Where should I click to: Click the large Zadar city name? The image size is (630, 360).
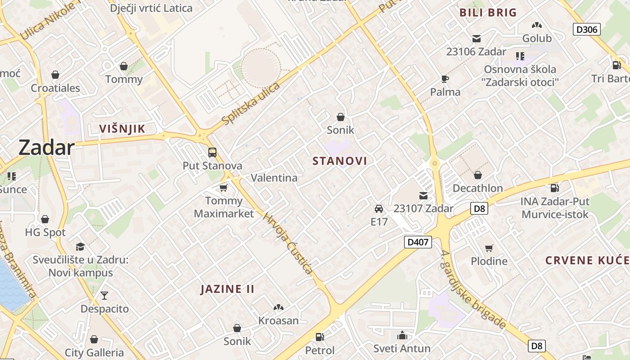(46, 148)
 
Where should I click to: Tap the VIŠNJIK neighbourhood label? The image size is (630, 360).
(122, 129)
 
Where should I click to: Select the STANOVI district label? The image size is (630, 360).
(340, 161)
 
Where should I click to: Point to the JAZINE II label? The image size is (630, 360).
(227, 289)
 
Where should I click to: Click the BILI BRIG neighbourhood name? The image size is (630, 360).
(488, 13)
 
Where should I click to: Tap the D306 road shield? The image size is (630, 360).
(587, 30)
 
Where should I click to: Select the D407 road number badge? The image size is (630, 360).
(418, 242)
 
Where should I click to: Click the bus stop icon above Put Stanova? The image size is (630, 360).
(212, 153)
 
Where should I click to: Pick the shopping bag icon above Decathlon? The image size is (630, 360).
(477, 175)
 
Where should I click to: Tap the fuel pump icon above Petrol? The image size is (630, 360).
(319, 337)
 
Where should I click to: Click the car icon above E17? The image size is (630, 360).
(379, 208)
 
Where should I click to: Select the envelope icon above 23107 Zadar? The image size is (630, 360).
(423, 195)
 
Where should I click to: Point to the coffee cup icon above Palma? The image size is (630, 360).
(445, 79)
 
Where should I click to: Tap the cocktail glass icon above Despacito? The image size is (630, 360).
(104, 296)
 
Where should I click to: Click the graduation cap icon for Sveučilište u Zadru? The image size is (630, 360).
(81, 246)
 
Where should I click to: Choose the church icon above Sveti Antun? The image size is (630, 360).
(402, 335)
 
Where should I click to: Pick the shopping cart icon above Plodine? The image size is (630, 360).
(489, 248)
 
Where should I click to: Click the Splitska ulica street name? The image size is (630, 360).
(251, 103)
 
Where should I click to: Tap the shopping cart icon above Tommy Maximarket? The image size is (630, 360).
(224, 187)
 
